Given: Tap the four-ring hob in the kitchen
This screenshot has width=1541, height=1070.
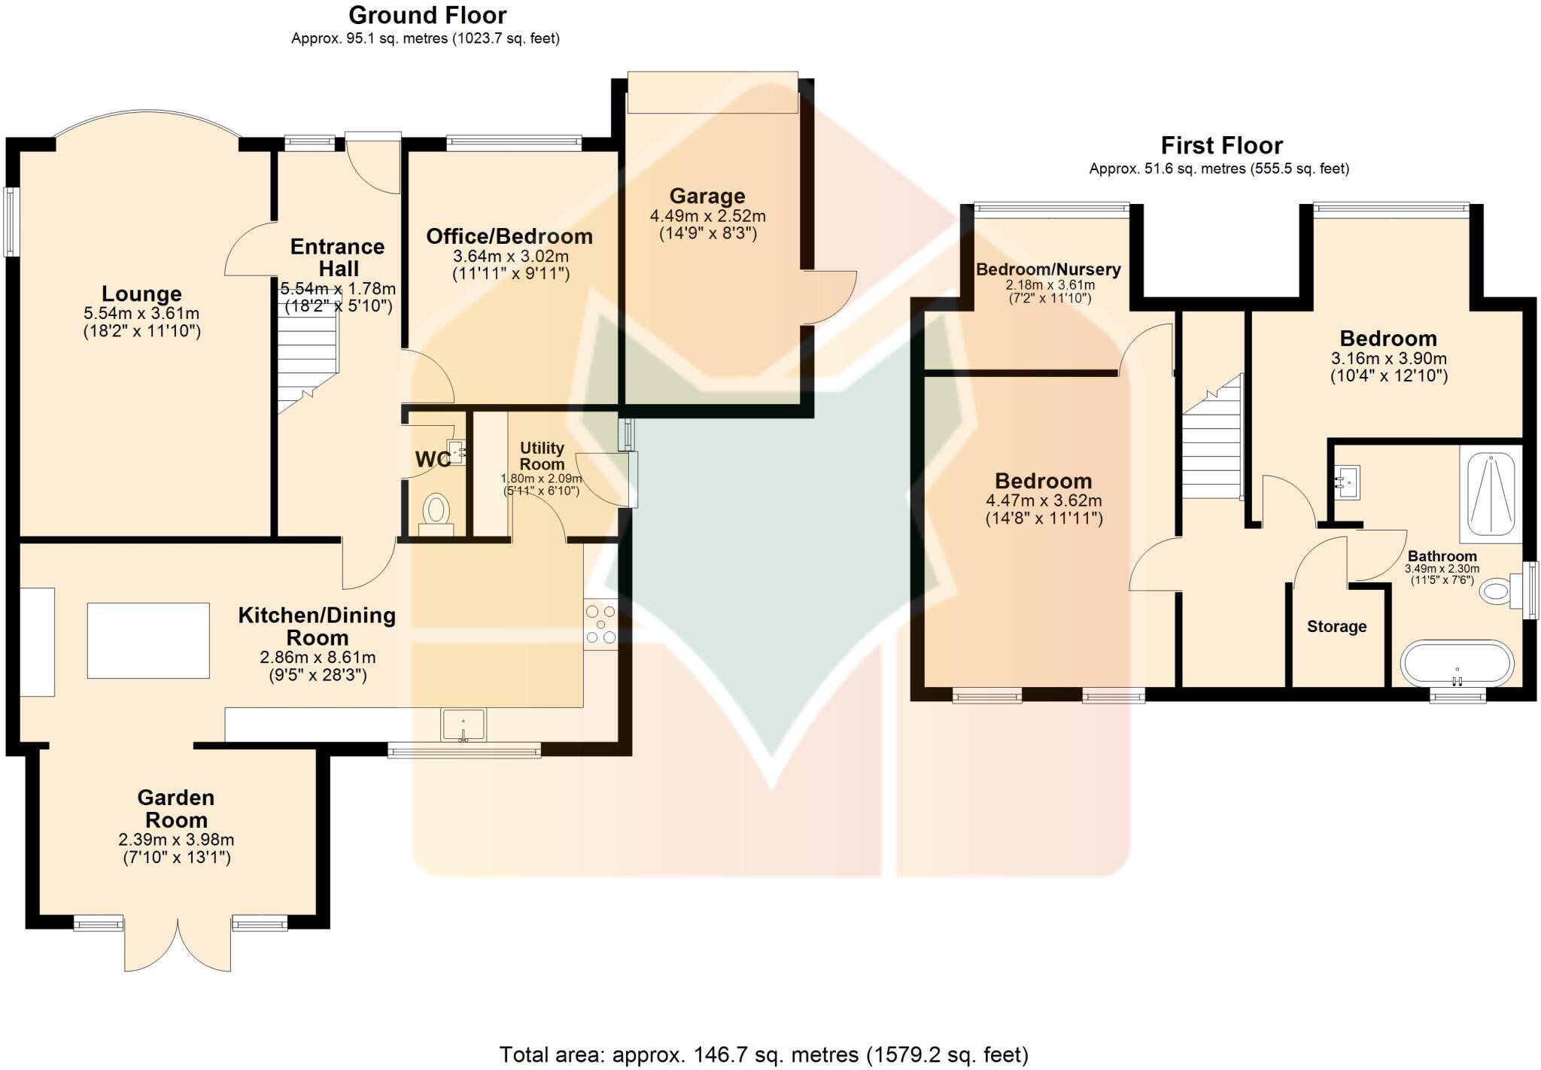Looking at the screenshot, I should (x=600, y=624).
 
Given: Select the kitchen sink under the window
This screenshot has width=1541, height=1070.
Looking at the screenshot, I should (x=464, y=725).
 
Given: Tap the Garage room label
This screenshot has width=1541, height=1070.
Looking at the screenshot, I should (x=707, y=196).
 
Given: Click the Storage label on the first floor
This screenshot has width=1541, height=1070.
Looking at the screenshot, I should (x=1336, y=627).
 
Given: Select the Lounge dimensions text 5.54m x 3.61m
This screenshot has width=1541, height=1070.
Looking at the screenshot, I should (x=141, y=313).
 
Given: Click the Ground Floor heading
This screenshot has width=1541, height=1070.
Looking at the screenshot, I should (x=427, y=15).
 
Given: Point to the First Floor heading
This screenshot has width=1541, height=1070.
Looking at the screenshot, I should (x=1221, y=145).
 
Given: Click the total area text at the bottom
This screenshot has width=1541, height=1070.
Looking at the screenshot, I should (x=763, y=1054).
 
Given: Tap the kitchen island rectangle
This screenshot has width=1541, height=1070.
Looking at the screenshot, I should (x=148, y=640).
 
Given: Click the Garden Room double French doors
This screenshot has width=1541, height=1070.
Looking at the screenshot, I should (x=178, y=945).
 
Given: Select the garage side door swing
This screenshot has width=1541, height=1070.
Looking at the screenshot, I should (x=829, y=297).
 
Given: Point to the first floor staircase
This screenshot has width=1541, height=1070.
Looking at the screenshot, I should (x=1211, y=444).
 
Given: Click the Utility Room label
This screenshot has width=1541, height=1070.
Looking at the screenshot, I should (x=542, y=456).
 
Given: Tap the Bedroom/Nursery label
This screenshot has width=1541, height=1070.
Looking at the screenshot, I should (x=1048, y=269).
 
